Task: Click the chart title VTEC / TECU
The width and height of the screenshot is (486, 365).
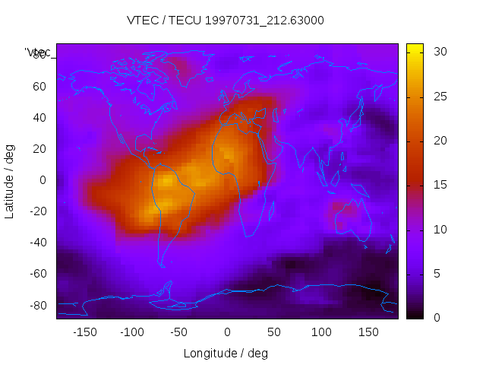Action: pyautogui.click(x=226, y=21)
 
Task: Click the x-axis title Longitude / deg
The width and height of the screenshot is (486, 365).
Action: pyautogui.click(x=226, y=353)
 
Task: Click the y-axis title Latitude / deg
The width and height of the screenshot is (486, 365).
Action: pyautogui.click(x=10, y=180)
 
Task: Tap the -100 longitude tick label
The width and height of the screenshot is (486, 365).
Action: pyautogui.click(x=131, y=332)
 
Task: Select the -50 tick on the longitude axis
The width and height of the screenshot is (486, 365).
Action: pyautogui.click(x=179, y=332)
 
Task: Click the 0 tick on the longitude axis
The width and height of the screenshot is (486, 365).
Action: pyautogui.click(x=226, y=332)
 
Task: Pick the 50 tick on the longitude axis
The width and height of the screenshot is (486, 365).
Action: pyautogui.click(x=273, y=332)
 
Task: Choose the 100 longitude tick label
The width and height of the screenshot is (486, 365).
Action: pyautogui.click(x=321, y=332)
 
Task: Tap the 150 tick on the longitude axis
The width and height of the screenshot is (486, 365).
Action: pyautogui.click(x=368, y=332)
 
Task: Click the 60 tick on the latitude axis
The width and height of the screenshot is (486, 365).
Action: pyautogui.click(x=39, y=86)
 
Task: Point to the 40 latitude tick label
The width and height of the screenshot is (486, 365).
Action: pyautogui.click(x=39, y=117)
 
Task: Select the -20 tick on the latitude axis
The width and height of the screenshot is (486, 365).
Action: pyautogui.click(x=37, y=211)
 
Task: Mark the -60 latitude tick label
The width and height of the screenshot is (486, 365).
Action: pyautogui.click(x=37, y=274)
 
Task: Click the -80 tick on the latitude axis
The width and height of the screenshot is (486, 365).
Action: pyautogui.click(x=37, y=305)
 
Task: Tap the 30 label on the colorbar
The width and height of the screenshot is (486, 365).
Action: pyautogui.click(x=438, y=52)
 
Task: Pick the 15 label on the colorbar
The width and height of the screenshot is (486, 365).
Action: pyautogui.click(x=438, y=185)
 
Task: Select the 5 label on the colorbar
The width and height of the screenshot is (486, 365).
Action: pyautogui.click(x=435, y=274)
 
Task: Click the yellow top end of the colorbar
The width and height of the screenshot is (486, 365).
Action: pyautogui.click(x=415, y=48)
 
